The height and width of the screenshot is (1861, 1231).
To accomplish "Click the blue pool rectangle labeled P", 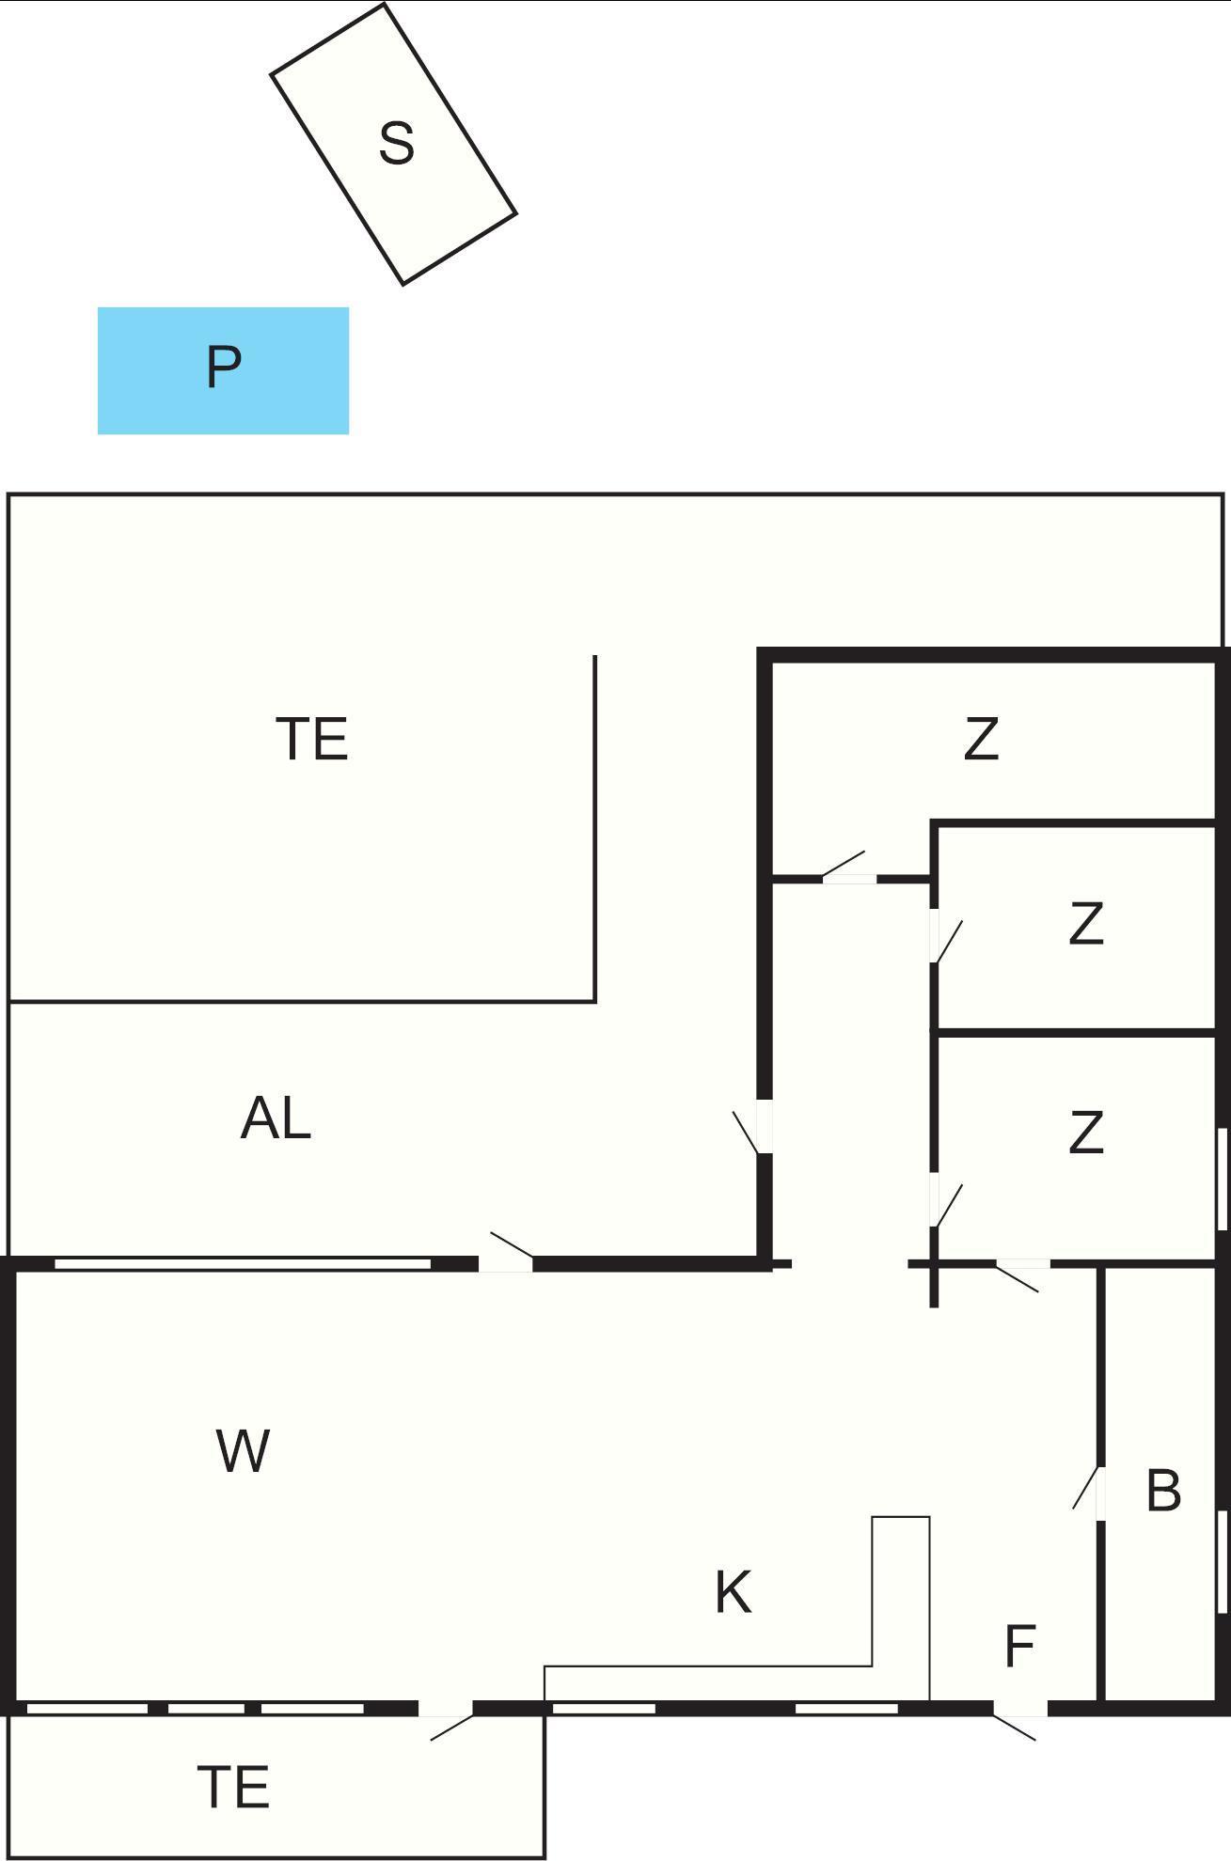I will tap(223, 370).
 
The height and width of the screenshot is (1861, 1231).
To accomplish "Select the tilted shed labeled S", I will tap(394, 144).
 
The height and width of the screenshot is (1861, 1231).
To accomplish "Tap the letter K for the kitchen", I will tap(733, 1592).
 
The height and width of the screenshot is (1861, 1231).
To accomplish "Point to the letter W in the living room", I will tap(243, 1450).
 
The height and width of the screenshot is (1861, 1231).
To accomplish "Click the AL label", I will tap(276, 1118).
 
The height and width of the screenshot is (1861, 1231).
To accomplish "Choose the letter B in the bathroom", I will tap(1163, 1491).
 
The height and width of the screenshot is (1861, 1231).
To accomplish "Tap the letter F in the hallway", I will tap(1020, 1646).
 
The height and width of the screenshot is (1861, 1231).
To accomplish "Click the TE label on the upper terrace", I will tap(312, 739).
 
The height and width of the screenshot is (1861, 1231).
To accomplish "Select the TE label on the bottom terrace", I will tap(234, 1787).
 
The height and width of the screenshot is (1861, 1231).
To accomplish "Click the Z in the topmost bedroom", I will tap(981, 739).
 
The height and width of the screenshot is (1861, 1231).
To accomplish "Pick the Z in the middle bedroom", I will tap(1086, 924).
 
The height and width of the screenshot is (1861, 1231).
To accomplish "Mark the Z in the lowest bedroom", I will tap(1086, 1133).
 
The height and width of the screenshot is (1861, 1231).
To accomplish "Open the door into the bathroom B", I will tap(1098, 1492).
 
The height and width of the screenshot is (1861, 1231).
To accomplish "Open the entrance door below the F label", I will tap(1020, 1709).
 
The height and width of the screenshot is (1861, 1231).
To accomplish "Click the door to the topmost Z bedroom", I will tap(849, 879).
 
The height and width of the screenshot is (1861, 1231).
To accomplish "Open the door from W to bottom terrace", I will tap(445, 1709).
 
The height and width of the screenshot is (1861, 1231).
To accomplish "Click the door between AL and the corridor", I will tap(764, 1126).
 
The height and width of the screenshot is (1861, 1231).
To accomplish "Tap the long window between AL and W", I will tap(243, 1263).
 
